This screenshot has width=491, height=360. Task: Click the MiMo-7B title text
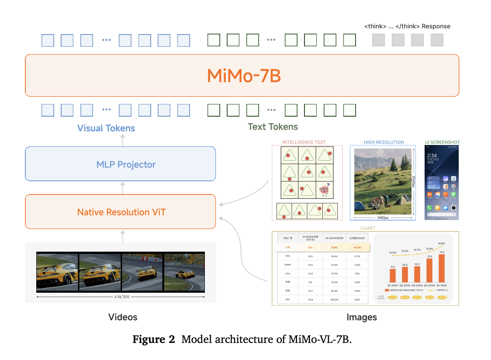243,76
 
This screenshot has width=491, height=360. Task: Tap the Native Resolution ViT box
121,212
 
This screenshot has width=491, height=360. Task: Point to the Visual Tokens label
106,128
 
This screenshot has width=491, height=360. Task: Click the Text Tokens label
273,127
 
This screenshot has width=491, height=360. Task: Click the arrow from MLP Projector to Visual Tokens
123,140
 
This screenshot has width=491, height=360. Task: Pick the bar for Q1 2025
442,268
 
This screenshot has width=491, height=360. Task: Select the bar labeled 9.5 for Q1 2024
393,275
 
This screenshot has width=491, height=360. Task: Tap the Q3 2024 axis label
417,285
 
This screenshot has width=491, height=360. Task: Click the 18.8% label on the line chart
442,243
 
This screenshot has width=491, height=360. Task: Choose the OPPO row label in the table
287,265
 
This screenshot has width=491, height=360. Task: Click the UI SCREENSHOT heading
442,142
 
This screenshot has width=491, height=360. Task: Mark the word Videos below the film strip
123,317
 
